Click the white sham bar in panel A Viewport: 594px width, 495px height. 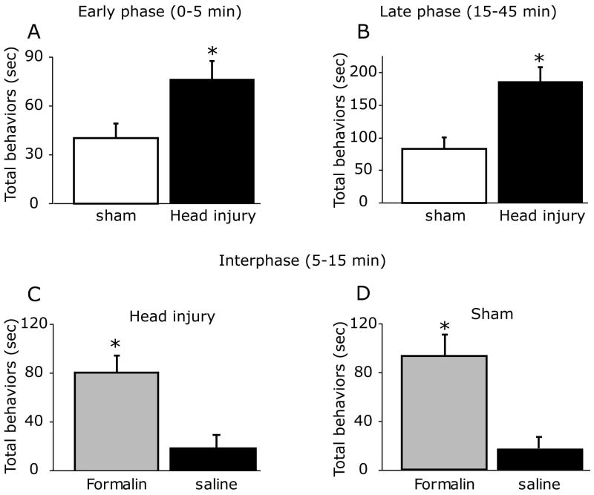click(115, 171)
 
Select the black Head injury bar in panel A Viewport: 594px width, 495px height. click(212, 141)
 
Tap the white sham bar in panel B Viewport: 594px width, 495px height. click(443, 175)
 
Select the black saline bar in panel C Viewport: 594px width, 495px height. click(212, 459)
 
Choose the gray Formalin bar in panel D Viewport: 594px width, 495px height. click(443, 413)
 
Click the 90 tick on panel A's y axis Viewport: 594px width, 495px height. click(52, 57)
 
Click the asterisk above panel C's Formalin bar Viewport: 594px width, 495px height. click(115, 345)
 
